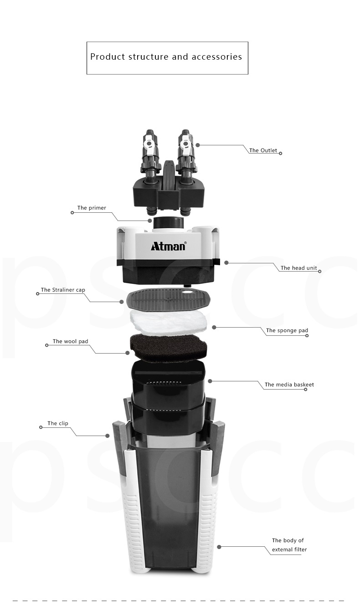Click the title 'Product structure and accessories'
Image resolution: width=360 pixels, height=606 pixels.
(166, 57)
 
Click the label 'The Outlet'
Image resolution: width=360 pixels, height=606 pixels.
(263, 150)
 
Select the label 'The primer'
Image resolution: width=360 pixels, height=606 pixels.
(92, 208)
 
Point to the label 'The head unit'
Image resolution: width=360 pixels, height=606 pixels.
(299, 268)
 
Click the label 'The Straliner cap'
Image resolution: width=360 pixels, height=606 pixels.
(63, 290)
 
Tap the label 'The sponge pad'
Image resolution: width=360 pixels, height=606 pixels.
(287, 330)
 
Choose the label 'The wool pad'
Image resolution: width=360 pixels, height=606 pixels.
(70, 341)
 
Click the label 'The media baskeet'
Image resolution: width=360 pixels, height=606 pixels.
(289, 385)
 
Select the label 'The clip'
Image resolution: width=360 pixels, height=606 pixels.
(58, 423)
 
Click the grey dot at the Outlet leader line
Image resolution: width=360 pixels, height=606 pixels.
(198, 145)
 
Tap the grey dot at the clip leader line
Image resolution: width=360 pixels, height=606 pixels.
(108, 436)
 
